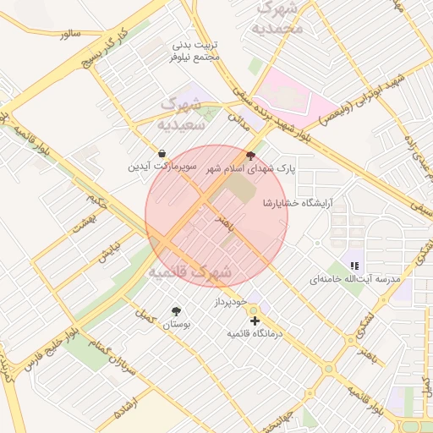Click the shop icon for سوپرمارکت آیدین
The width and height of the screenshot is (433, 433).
pyautogui.click(x=161, y=153)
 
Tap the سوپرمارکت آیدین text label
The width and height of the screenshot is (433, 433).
pyautogui.click(x=162, y=167)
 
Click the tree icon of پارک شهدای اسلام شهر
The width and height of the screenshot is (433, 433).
pyautogui.click(x=249, y=155)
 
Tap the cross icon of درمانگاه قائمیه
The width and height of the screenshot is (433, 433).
pyautogui.click(x=255, y=321)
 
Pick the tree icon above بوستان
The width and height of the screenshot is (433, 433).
pyautogui.click(x=176, y=310)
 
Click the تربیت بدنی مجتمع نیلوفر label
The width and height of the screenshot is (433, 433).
pyautogui.click(x=195, y=49)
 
